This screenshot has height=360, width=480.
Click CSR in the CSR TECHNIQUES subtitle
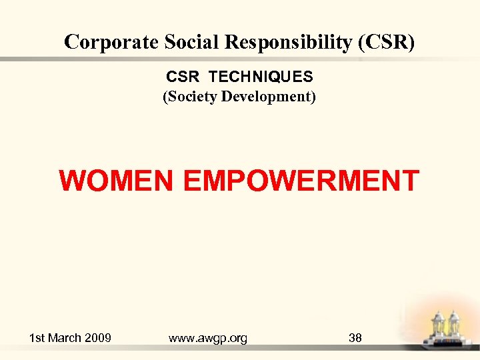(179, 77)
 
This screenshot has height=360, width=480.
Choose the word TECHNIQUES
(261, 77)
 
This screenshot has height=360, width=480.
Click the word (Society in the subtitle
(190, 97)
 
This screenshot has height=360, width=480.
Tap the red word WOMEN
(117, 181)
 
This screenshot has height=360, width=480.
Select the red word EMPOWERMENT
(301, 181)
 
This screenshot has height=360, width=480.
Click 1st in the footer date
(37, 338)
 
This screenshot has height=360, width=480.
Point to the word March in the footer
(65, 338)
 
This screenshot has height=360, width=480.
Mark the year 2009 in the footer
(97, 338)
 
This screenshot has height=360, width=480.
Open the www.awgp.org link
(208, 338)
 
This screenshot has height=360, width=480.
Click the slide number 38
(355, 338)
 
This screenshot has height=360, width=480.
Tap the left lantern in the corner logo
(438, 326)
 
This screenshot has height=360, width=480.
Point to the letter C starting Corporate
(71, 42)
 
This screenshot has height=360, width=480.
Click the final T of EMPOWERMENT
(410, 181)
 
